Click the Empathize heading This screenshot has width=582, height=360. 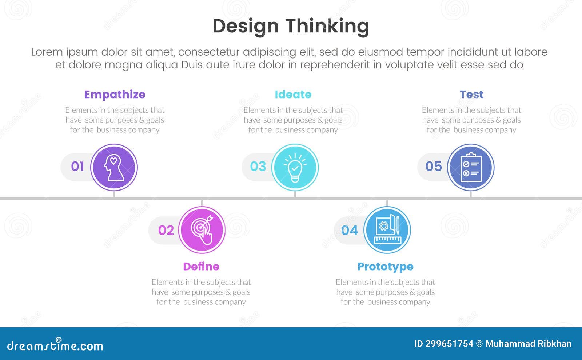pyautogui.click(x=115, y=95)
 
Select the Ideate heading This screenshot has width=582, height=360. pyautogui.click(x=293, y=95)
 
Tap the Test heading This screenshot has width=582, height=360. pyautogui.click(x=471, y=95)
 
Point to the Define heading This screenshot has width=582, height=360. pyautogui.click(x=201, y=267)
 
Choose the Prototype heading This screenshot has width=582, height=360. pyautogui.click(x=385, y=267)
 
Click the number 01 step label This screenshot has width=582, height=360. pyautogui.click(x=77, y=167)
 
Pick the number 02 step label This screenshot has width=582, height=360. pyautogui.click(x=166, y=230)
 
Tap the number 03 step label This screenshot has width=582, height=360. pyautogui.click(x=258, y=167)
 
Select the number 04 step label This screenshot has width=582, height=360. pyautogui.click(x=350, y=230)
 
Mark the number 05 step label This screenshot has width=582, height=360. pyautogui.click(x=434, y=167)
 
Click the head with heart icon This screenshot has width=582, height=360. pyautogui.click(x=114, y=167)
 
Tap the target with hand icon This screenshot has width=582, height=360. pyautogui.click(x=202, y=230)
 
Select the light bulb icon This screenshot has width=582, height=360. pyautogui.click(x=295, y=167)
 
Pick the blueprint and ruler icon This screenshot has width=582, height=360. pyautogui.click(x=387, y=230)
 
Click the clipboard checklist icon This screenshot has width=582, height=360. pyautogui.click(x=471, y=167)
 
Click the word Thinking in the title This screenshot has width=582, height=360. pyautogui.click(x=327, y=26)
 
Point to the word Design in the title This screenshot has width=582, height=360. pyautogui.click(x=246, y=26)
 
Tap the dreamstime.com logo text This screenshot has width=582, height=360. pyautogui.click(x=55, y=346)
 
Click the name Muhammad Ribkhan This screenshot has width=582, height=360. pyautogui.click(x=528, y=344)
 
